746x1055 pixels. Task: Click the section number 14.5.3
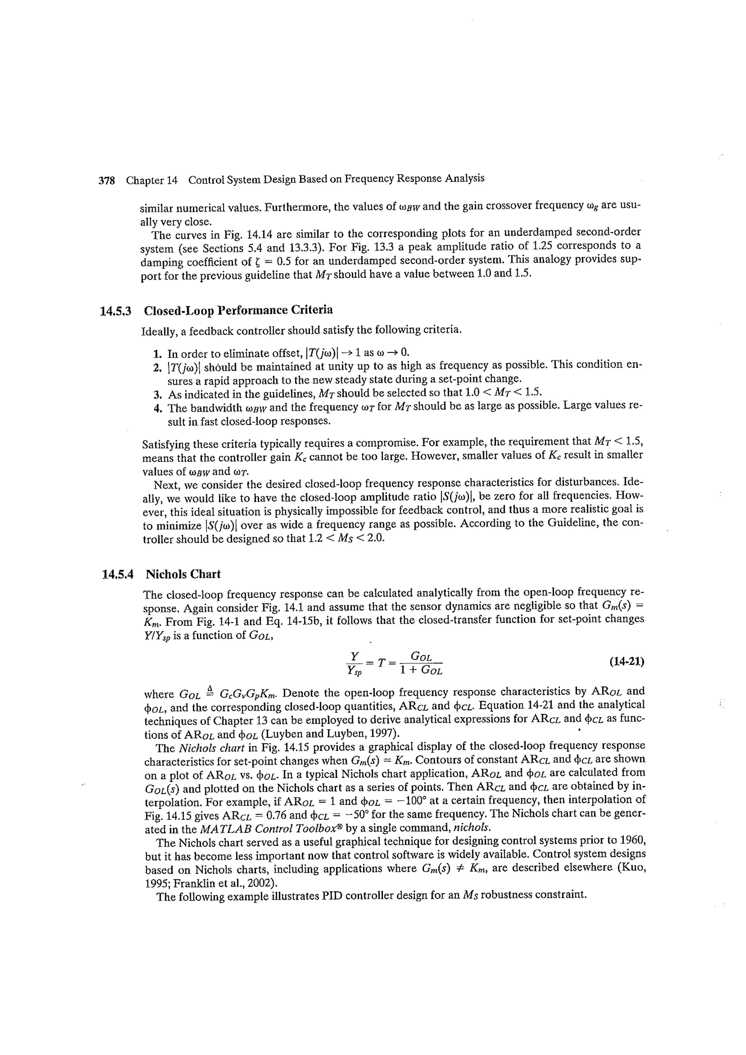(115, 311)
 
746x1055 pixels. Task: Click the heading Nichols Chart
(183, 574)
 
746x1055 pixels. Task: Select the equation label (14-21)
(627, 662)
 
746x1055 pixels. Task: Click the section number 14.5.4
(117, 575)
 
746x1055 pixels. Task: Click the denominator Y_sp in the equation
(354, 671)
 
